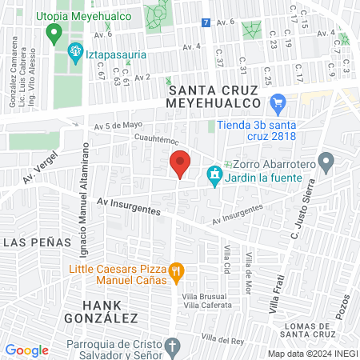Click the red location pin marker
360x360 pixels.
pos(180,164)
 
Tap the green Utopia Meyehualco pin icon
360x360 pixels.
pos(54,34)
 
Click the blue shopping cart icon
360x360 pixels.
pos(278,102)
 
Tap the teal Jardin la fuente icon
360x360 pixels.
pos(214,174)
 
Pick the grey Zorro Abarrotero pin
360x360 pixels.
pos(325,163)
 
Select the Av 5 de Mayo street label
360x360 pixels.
pos(117,126)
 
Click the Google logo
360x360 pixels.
pos(27,350)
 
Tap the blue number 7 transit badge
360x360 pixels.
pos(206,22)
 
